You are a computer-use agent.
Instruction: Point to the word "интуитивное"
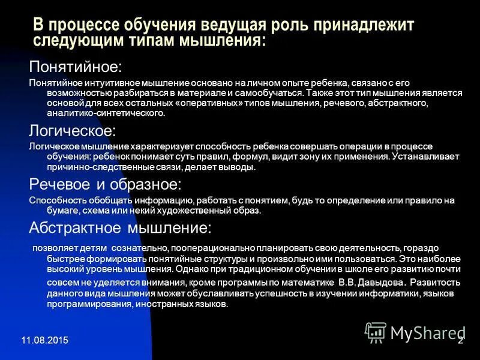pos(107,82)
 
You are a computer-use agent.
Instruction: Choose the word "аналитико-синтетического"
pos(97,113)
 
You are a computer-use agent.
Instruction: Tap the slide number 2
pos(460,341)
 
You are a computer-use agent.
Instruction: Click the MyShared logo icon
pos(376,332)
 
